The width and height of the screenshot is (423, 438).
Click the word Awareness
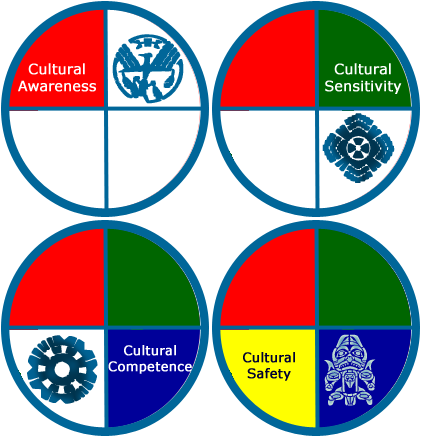coord(57,86)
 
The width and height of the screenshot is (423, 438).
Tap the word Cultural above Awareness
coord(57,69)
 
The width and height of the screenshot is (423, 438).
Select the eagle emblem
coord(148,68)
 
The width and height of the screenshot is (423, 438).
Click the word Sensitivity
coord(363,86)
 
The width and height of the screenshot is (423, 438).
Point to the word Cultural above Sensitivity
coord(363,69)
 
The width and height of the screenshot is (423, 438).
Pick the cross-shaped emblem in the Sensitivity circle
coord(358,148)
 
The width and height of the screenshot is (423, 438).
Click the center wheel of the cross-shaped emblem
coord(358,148)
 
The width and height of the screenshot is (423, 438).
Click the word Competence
coord(150,367)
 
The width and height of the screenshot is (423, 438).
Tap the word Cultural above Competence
coord(150,351)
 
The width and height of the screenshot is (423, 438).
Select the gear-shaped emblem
coord(62,369)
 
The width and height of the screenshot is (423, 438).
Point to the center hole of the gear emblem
coord(62,369)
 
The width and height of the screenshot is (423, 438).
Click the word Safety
coord(269,374)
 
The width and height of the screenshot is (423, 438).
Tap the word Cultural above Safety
coord(269,358)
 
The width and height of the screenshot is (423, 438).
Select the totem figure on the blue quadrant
coord(349,370)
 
